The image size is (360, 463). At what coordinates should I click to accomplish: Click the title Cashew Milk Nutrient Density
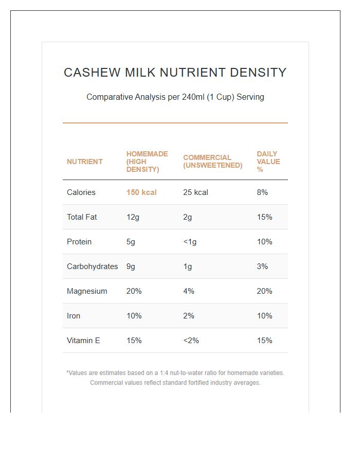tap(175, 73)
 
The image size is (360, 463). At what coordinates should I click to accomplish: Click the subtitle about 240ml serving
tap(175, 97)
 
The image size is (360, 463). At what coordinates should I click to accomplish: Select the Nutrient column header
tap(84, 162)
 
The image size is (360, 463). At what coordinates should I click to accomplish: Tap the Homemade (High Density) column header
tap(147, 162)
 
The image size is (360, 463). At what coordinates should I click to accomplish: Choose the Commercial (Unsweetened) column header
tap(212, 162)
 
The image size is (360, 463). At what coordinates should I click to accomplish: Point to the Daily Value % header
tap(268, 162)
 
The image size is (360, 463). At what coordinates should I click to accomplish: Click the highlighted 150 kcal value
tap(141, 192)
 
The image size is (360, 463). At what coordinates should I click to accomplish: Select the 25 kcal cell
tap(195, 192)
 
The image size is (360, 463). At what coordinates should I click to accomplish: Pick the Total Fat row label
tap(82, 217)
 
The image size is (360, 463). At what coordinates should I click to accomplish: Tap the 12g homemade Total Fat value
tap(133, 217)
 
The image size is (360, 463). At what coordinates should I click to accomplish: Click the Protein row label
tap(79, 242)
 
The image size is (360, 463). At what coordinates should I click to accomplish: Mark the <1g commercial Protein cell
tap(190, 242)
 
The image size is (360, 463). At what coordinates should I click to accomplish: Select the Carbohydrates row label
tap(92, 266)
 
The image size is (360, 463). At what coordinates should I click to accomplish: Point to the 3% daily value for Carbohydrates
tap(262, 266)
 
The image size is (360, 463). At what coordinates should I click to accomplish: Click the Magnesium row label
tap(87, 291)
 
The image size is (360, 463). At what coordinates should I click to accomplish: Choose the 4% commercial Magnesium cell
tap(189, 291)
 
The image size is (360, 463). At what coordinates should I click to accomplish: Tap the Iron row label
tap(74, 316)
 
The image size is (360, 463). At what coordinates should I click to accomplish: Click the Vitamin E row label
tap(83, 341)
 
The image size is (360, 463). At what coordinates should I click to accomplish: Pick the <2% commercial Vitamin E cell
tap(191, 341)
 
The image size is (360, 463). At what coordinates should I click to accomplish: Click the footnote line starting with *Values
tap(175, 373)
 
